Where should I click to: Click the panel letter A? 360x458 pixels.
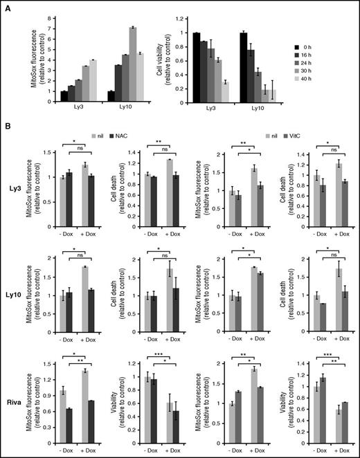coord(6,6)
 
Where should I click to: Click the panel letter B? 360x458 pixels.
coord(6,125)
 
